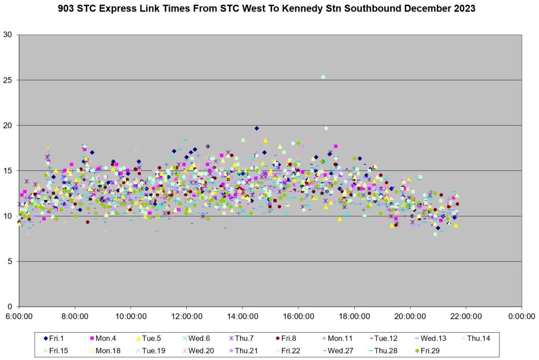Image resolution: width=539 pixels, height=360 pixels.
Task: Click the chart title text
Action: coord(269,9)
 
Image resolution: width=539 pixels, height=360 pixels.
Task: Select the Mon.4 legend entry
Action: coord(103,338)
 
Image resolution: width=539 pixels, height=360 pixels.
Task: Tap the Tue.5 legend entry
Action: coord(149,338)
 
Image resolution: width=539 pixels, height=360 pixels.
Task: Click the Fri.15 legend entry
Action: coord(57,350)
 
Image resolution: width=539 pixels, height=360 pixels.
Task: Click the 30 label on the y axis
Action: coord(11,35)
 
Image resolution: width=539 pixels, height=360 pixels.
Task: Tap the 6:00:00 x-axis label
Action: coord(19,316)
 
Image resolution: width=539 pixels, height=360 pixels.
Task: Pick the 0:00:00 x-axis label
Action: coord(521,316)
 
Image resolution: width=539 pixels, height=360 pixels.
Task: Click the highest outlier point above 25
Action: coord(323,77)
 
